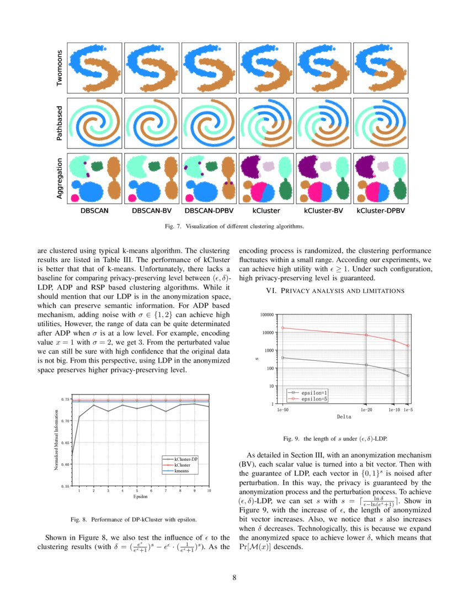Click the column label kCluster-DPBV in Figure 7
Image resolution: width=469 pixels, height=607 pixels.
point(381,210)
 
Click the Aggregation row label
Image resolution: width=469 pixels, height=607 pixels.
point(60,180)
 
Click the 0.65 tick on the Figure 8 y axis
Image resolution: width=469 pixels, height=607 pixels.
point(66,443)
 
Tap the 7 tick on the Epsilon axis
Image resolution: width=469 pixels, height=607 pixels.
point(166,491)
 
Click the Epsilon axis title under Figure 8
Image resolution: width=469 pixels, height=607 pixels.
point(141,497)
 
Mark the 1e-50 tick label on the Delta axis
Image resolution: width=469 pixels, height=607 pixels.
point(283,409)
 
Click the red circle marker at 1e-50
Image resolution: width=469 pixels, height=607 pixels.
point(283,328)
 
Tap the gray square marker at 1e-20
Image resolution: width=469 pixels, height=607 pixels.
point(366,365)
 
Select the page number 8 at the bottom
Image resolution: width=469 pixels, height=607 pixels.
point(234,578)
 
